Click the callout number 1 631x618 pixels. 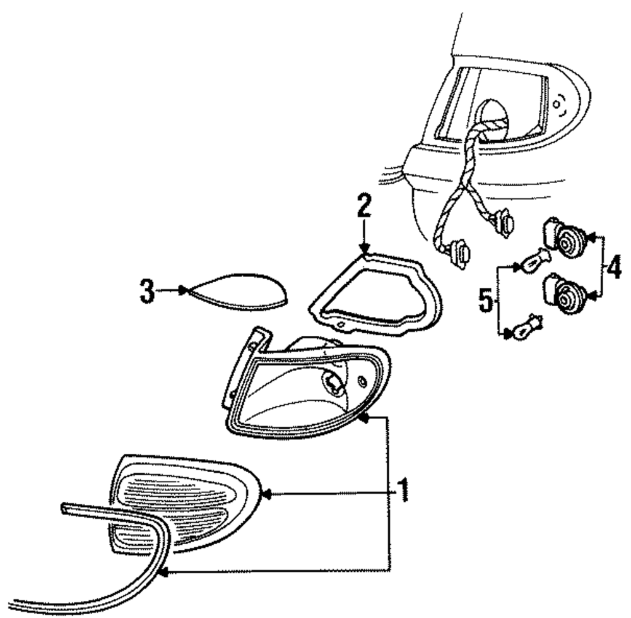tap(402, 489)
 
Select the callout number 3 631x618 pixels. tap(146, 292)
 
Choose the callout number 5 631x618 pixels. tap(485, 300)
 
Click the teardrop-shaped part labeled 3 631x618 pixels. tap(237, 292)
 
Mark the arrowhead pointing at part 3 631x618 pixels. tap(183, 290)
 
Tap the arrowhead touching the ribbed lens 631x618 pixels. tap(266, 494)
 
